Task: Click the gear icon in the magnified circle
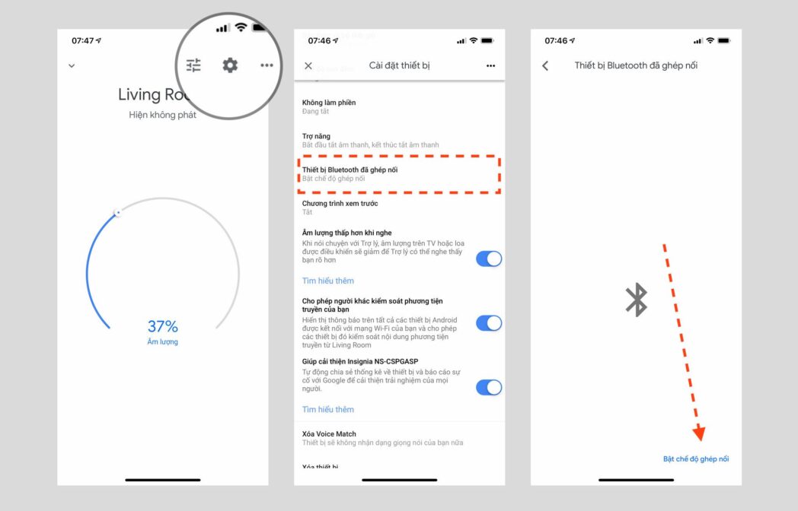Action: click(230, 65)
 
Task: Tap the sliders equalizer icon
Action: click(194, 65)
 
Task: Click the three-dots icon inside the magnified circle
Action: click(267, 65)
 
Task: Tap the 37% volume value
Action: click(162, 327)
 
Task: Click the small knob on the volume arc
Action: click(117, 213)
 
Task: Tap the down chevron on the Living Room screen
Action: click(72, 65)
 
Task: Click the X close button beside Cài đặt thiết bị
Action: click(308, 65)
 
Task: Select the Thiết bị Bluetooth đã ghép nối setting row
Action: click(398, 174)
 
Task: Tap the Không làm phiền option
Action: click(329, 106)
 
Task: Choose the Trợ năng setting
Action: click(317, 140)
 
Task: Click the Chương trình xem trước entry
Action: click(340, 208)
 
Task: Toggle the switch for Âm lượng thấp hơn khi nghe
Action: click(489, 259)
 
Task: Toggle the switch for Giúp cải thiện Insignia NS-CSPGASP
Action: click(489, 387)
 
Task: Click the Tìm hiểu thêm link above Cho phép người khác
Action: click(328, 281)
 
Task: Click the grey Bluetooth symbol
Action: click(636, 300)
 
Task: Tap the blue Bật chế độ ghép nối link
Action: click(696, 459)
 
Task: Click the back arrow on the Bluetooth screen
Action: click(545, 65)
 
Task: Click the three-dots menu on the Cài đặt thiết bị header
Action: click(490, 66)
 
